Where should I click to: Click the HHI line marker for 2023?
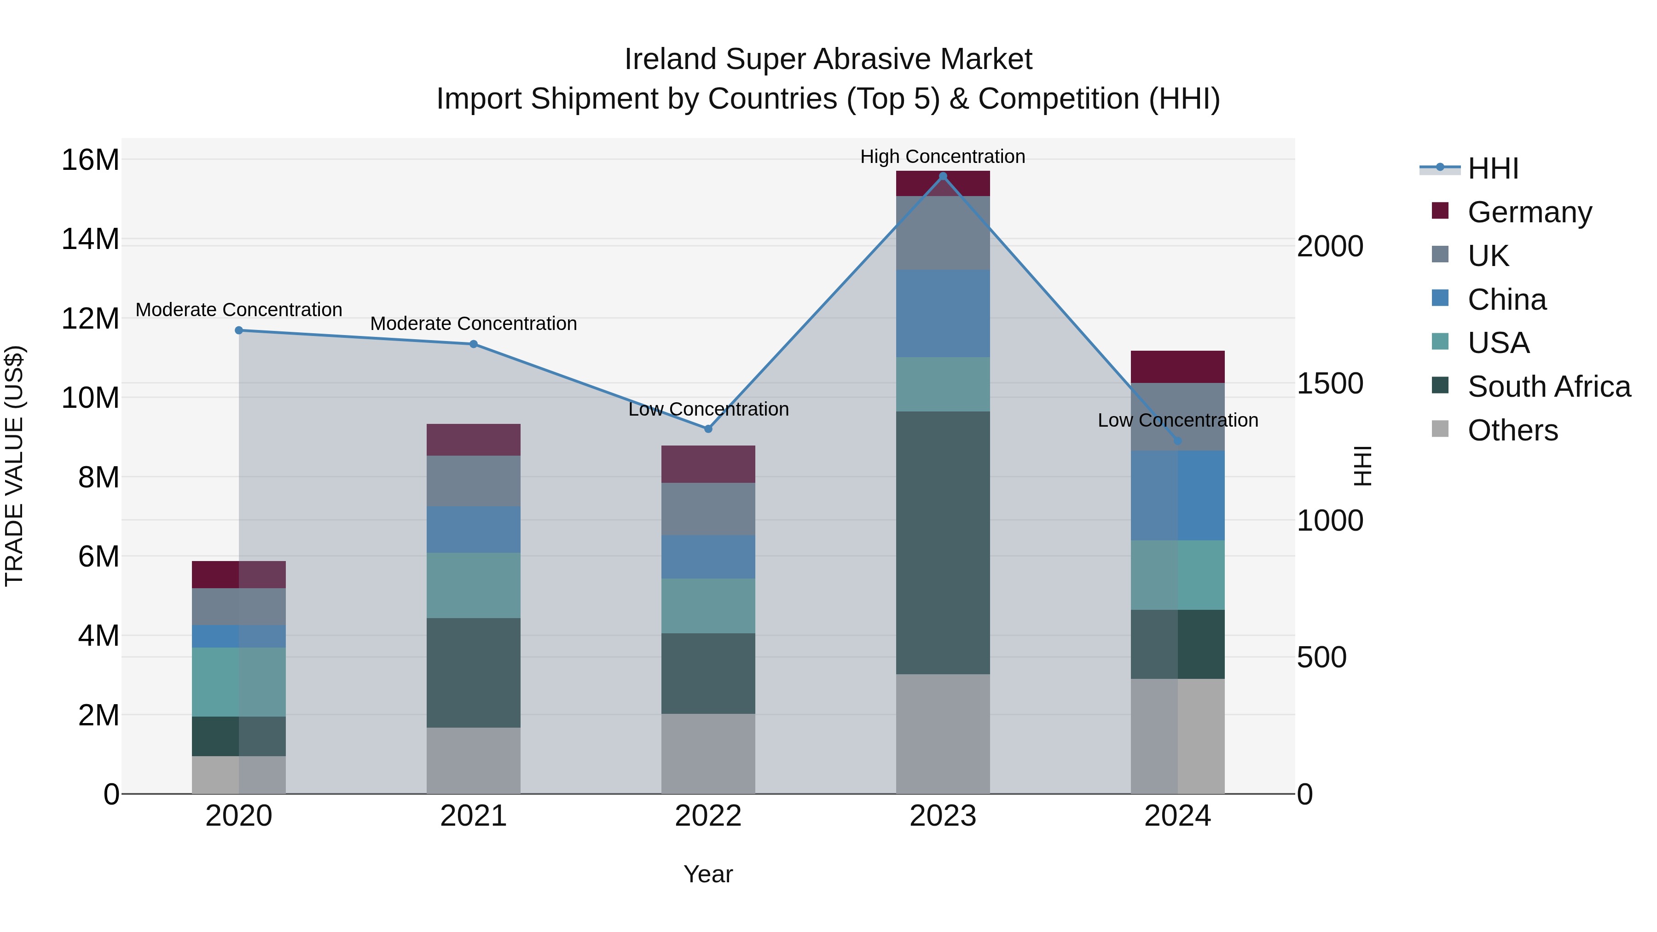[x=943, y=176]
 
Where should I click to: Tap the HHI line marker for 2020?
[x=238, y=330]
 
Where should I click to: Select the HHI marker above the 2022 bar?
[x=708, y=429]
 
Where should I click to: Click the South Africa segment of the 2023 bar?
[x=943, y=543]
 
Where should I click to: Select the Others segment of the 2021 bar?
[x=474, y=761]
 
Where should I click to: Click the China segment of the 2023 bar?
[x=943, y=314]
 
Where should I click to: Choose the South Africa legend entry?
[x=1549, y=387]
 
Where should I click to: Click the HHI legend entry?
[x=1492, y=168]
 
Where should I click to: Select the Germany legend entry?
[x=1530, y=212]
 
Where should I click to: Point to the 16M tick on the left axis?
[x=90, y=160]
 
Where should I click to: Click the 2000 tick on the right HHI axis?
[x=1330, y=246]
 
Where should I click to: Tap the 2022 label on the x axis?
[x=708, y=816]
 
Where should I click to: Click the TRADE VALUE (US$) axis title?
[x=14, y=466]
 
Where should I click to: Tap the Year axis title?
[x=708, y=874]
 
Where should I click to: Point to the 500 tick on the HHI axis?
[x=1321, y=657]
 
